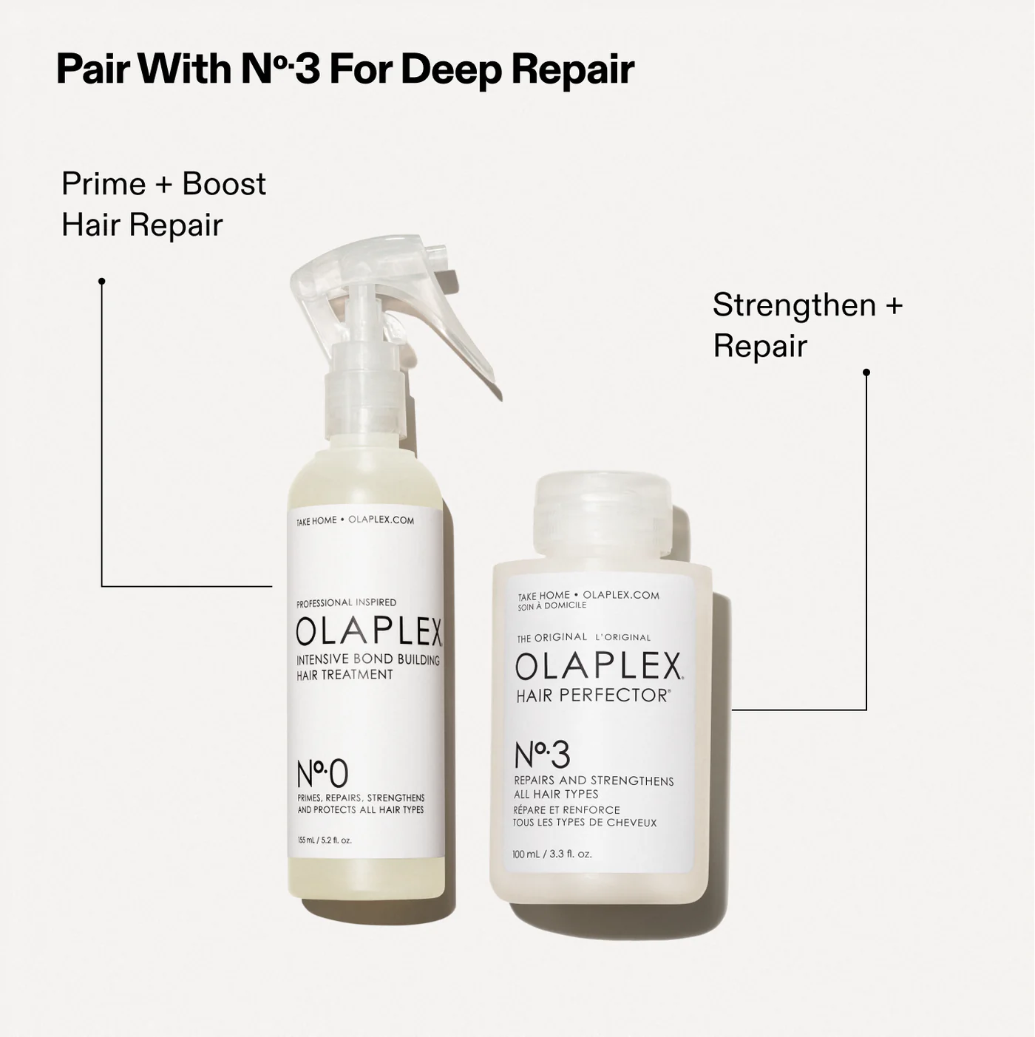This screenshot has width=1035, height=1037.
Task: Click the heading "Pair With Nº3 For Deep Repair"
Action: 345,69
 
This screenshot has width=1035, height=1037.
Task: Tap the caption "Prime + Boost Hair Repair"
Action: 163,204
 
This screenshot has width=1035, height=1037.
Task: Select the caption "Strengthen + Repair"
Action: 807,324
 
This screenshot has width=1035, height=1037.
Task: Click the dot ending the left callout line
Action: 102,281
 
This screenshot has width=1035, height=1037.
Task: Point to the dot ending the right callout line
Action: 866,373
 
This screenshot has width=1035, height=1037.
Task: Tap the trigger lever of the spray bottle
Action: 473,355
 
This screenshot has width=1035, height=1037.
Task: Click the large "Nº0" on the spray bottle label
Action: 322,773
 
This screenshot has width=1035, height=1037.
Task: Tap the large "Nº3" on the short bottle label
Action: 542,755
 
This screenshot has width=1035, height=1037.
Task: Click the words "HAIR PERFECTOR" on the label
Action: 592,696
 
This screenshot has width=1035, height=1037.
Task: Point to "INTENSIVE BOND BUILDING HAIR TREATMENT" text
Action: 367,667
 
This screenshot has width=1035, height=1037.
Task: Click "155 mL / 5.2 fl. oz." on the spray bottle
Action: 325,840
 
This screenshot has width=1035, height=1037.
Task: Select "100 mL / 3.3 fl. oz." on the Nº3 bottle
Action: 552,854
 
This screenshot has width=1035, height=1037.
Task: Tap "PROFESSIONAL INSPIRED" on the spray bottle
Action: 346,602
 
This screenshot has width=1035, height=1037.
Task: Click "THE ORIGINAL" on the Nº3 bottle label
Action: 552,637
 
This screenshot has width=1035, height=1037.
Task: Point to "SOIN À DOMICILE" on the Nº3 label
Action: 552,605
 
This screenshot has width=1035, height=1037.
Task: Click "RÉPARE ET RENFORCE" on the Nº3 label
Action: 567,810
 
